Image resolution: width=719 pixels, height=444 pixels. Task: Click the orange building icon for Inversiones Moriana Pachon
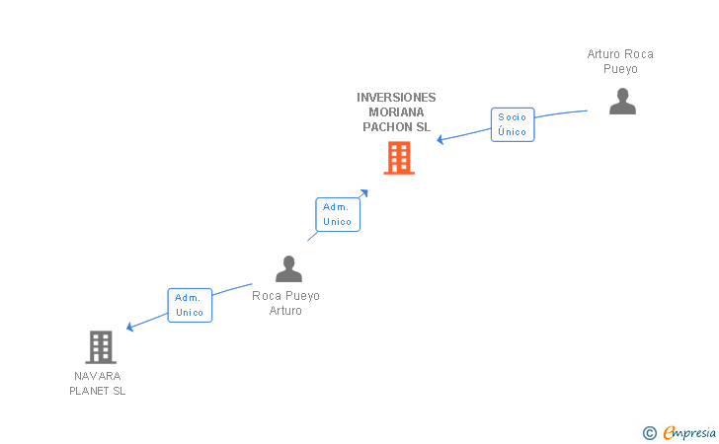[x=398, y=158]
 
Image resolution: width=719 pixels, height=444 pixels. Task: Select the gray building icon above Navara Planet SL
[x=101, y=347]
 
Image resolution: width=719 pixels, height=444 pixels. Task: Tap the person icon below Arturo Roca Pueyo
[x=622, y=102]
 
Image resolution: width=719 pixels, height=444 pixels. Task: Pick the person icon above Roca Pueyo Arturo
[x=288, y=268]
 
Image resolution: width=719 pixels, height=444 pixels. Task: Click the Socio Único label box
[x=513, y=124]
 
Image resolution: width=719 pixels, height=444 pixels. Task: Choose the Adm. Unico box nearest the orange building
[x=338, y=214]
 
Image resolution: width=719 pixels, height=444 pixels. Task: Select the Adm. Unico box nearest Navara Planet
[x=190, y=305]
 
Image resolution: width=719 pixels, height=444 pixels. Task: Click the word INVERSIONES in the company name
[x=396, y=98]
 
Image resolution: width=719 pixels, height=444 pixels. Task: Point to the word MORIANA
[x=396, y=112]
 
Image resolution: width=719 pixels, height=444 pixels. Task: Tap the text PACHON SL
[x=396, y=127]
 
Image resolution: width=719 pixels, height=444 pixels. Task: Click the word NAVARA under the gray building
[x=97, y=376]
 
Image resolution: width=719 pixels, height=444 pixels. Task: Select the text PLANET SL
[x=97, y=391]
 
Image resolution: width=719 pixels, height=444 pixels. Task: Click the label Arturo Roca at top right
[x=620, y=54]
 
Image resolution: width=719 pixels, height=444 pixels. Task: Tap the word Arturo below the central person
[x=285, y=311]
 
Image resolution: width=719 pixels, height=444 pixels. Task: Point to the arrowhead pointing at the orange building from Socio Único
[x=440, y=139]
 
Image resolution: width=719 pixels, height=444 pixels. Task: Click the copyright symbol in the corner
[x=649, y=432]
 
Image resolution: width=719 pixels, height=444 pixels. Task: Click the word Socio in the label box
[x=513, y=116]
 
